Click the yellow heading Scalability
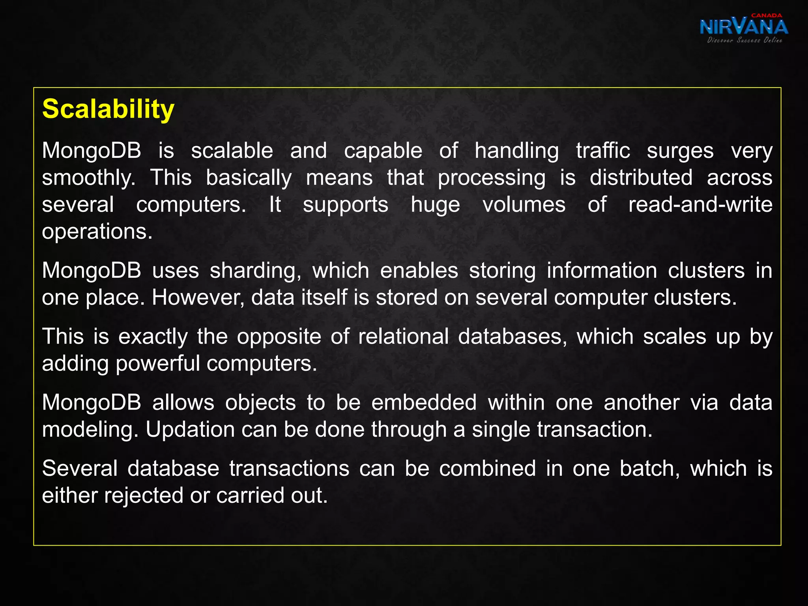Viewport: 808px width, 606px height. (108, 109)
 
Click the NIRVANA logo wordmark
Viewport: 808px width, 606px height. (744, 27)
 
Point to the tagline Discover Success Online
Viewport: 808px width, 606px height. (744, 40)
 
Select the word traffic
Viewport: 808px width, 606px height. (602, 151)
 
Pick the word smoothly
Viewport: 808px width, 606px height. (89, 178)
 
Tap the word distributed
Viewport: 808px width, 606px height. (641, 178)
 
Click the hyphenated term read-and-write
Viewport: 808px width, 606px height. (700, 204)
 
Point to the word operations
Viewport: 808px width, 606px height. (97, 232)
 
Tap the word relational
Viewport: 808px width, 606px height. (403, 337)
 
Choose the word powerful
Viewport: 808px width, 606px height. (158, 363)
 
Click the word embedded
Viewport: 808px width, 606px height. (424, 402)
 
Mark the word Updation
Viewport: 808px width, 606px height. (190, 429)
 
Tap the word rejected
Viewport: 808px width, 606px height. (144, 496)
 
